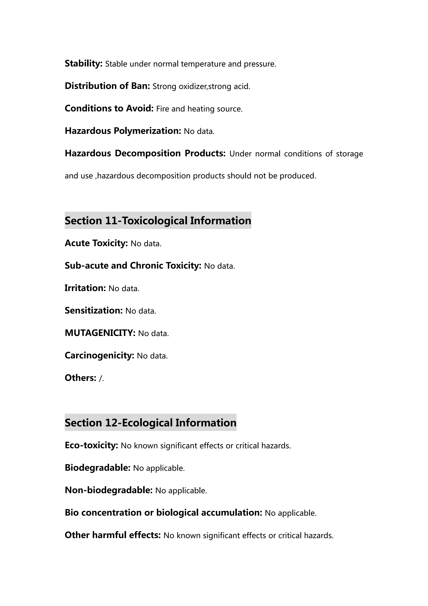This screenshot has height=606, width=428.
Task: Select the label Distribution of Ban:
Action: pos(107,86)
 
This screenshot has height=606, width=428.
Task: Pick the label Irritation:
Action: pos(85,288)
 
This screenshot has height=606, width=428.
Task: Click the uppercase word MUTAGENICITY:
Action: pos(100,333)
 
